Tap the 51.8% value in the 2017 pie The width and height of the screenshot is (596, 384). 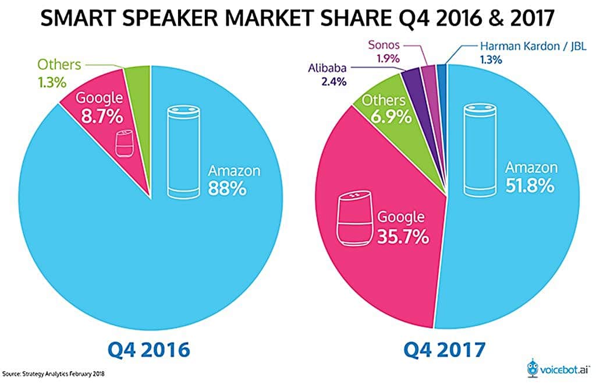[530, 188]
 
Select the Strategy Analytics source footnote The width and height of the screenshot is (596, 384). [55, 372]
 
